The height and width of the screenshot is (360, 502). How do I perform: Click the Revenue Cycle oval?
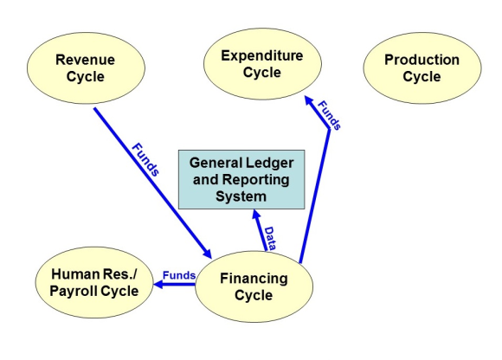point(86,67)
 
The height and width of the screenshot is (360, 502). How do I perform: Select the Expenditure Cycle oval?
point(262,64)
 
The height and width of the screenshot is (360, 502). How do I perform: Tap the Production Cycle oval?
point(422,67)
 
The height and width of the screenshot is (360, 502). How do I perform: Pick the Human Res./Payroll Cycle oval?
point(94,282)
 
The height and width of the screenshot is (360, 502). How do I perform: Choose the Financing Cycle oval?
point(254,286)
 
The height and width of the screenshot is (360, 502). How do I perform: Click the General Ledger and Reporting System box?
point(241,179)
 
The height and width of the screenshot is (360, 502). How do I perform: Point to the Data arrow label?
point(269,238)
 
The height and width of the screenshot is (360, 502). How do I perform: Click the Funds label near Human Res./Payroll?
point(179,275)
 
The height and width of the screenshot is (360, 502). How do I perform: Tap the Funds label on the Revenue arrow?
point(145,159)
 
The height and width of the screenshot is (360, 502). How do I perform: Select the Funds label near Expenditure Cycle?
point(329,115)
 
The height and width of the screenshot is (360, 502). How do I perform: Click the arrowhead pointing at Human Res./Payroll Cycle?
point(158,284)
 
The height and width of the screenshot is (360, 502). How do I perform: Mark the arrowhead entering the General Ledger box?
point(256,214)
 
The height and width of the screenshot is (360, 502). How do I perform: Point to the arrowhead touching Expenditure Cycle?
point(309,100)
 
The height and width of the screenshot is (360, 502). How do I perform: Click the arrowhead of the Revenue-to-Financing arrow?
point(207,254)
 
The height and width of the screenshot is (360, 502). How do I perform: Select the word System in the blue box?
point(241,196)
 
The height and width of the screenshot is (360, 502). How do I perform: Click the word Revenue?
point(85,60)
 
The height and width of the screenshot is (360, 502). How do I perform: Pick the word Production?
point(422,60)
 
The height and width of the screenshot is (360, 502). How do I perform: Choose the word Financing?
point(254,279)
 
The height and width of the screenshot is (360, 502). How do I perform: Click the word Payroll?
point(74,291)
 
